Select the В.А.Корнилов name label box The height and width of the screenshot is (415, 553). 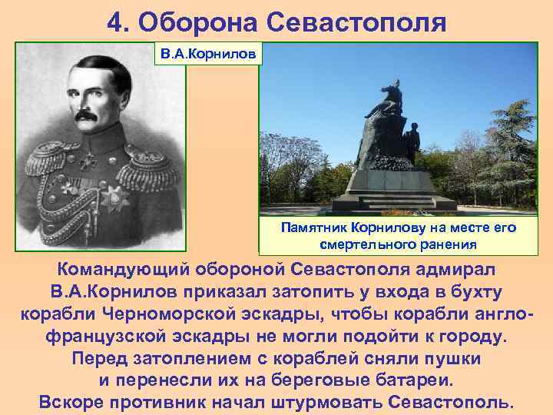tap(209, 55)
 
